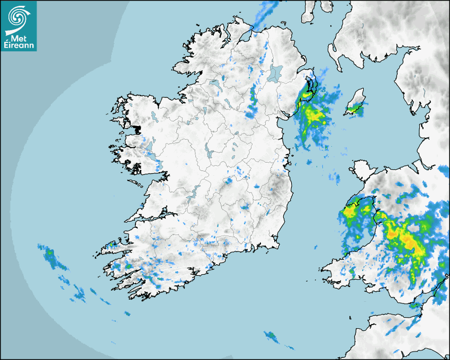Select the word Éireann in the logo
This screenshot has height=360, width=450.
click(x=20, y=46)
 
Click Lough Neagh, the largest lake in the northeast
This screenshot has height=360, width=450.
click(x=275, y=73)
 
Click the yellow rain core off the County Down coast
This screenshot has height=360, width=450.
click(x=316, y=114)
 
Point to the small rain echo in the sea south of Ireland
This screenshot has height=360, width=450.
click(x=272, y=336)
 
